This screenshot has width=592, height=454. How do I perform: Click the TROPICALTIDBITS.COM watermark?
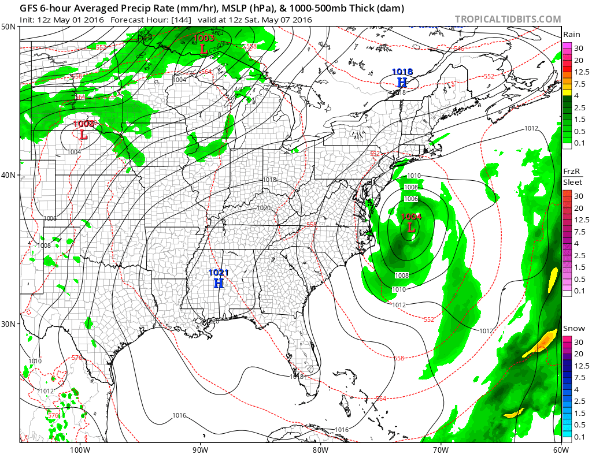point(508,19)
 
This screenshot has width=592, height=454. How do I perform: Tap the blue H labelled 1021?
point(219,282)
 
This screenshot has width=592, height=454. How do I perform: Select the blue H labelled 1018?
point(402,82)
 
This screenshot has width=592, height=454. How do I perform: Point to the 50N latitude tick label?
point(9,27)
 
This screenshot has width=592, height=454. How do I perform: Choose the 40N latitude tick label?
point(9,175)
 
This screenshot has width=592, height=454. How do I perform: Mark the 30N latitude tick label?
point(9,323)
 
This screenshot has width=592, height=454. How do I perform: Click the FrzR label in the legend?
point(572,172)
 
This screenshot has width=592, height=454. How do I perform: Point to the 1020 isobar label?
point(264,208)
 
